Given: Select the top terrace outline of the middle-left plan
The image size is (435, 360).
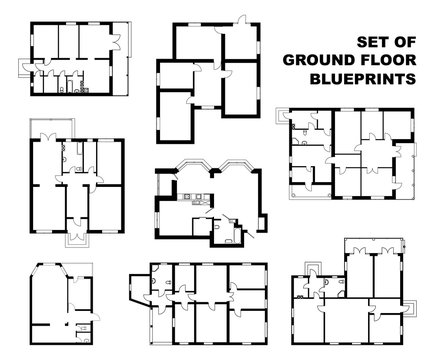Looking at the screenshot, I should click(x=47, y=128).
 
